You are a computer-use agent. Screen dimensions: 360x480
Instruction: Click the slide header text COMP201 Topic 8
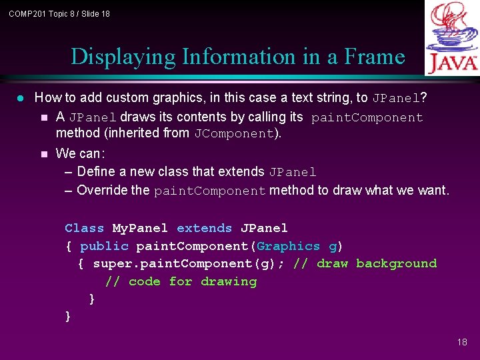(x=59, y=13)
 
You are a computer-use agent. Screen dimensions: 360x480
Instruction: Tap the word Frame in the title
(x=374, y=57)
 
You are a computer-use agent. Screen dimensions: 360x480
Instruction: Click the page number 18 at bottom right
(x=462, y=342)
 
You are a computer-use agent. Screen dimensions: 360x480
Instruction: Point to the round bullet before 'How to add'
(x=20, y=98)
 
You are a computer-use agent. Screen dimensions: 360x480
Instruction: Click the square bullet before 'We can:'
(x=44, y=154)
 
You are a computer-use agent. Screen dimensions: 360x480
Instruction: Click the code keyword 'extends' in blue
(x=204, y=228)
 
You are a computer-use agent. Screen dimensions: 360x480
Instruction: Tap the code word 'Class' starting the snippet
(x=84, y=228)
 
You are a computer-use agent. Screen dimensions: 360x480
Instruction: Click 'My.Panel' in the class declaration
(x=140, y=228)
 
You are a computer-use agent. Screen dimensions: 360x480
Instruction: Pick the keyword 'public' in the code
(x=104, y=246)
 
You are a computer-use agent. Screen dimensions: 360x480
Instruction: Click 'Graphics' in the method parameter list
(x=288, y=246)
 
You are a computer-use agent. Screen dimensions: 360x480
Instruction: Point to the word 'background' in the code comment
(x=396, y=263)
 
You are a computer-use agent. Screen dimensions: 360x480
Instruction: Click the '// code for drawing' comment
(x=181, y=281)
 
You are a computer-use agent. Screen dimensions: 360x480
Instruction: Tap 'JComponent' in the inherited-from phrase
(x=234, y=134)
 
